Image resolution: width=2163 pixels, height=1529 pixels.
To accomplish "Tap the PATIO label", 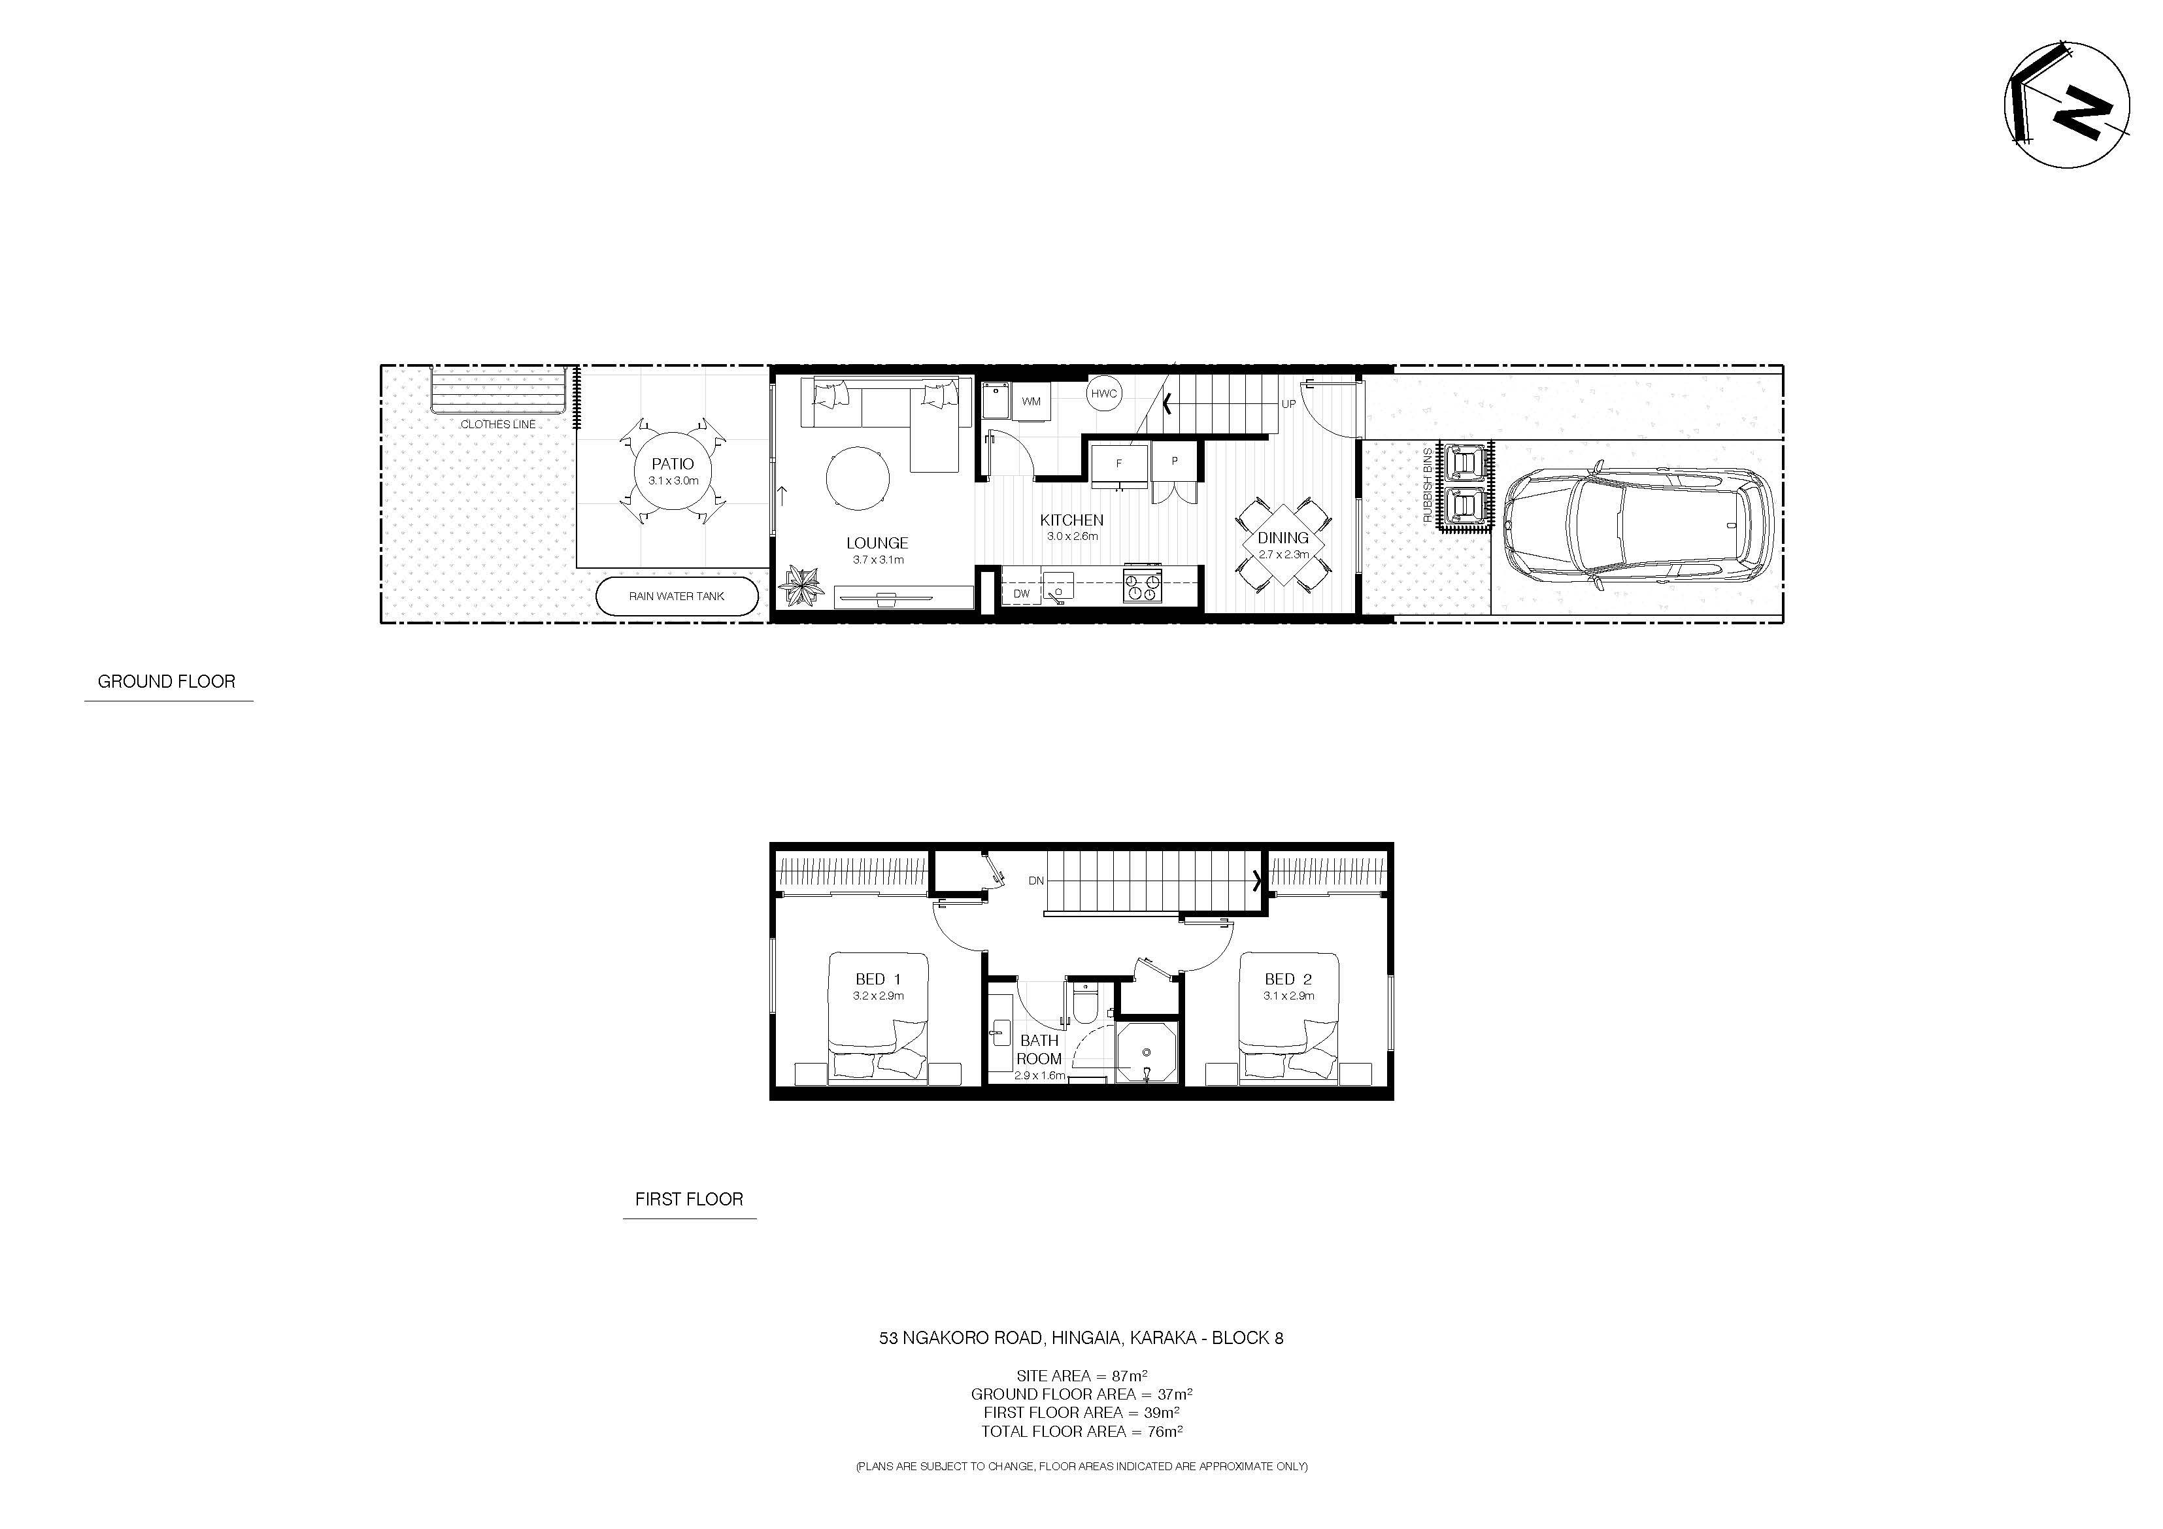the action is (x=673, y=463).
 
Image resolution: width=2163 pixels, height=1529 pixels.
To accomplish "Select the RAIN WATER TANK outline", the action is (x=677, y=596).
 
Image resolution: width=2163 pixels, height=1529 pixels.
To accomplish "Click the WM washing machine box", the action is (x=1031, y=401).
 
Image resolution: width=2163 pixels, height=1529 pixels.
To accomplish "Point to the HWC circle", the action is (x=1103, y=394).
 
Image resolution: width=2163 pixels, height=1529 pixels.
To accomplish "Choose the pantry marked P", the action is (x=1175, y=462).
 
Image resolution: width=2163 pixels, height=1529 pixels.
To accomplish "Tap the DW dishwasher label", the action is (x=1021, y=594).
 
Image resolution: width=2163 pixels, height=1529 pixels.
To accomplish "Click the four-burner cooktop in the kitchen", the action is (x=1142, y=585).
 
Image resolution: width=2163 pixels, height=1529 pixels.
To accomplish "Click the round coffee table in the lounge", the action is (x=857, y=479).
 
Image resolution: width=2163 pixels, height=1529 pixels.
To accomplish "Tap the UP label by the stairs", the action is (x=1288, y=404).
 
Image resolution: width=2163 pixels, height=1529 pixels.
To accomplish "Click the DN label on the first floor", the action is (x=1036, y=881).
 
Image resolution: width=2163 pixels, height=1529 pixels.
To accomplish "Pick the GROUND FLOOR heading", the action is (x=167, y=681).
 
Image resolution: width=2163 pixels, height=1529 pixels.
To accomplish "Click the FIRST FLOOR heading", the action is (x=689, y=1200).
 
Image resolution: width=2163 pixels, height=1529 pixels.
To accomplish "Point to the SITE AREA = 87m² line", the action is (x=1081, y=1375).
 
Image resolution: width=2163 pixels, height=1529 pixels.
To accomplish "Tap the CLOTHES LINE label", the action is (x=497, y=425).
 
